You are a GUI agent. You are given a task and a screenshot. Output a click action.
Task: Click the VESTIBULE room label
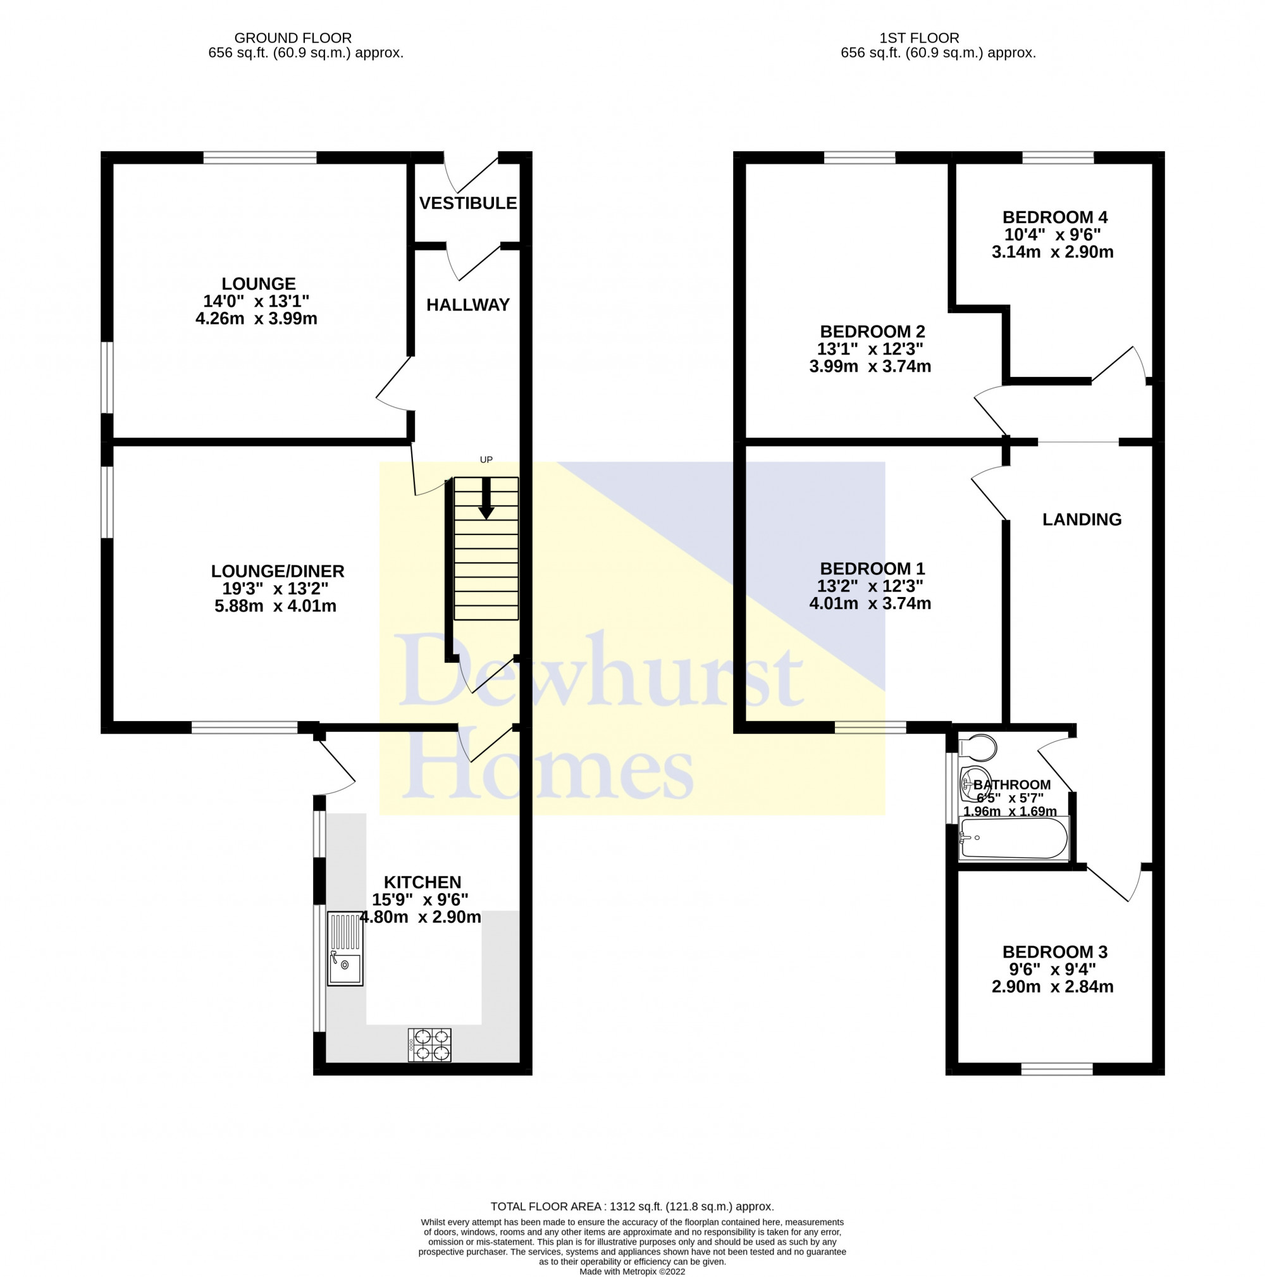467,203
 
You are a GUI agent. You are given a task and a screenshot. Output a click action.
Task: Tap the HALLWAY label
467,305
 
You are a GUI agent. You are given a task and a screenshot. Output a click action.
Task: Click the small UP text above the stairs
486,459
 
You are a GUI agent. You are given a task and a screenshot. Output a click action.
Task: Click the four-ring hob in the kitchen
429,1044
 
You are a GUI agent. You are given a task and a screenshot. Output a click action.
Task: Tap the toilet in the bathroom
977,748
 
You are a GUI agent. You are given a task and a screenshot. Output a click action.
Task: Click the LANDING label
1082,519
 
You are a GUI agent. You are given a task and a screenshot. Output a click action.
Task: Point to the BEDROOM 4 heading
1054,217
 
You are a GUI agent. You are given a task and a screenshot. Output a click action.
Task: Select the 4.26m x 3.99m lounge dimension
256,319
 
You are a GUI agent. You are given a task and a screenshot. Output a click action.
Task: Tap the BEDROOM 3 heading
1054,952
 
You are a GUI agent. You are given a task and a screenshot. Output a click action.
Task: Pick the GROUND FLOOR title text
293,39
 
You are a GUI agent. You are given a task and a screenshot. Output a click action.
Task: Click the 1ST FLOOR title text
918,39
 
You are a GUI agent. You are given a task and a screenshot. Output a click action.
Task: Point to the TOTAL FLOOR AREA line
632,1206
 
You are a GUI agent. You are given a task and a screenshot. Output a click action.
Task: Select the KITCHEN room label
423,882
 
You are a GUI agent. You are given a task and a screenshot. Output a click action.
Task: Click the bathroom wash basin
975,783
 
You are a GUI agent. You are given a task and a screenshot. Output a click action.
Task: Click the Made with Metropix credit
632,1271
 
